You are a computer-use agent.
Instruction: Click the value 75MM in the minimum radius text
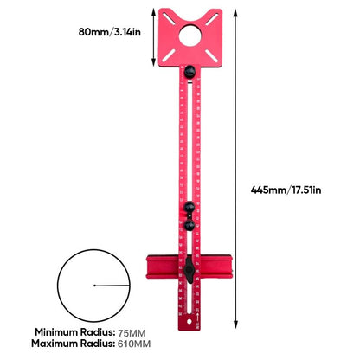click(132, 331)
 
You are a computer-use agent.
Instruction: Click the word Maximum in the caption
click(58, 344)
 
